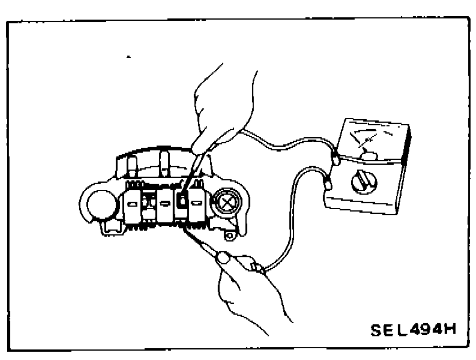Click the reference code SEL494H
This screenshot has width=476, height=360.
tap(413, 329)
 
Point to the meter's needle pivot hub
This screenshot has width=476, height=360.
tap(368, 156)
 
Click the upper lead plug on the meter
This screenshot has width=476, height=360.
tap(335, 158)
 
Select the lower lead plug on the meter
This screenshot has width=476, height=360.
tap(327, 184)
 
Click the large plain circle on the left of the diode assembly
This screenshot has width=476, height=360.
tap(101, 204)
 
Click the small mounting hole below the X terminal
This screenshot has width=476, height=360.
tap(230, 236)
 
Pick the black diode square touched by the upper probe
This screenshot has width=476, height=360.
tap(182, 200)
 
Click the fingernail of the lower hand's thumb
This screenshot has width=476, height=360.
tap(223, 258)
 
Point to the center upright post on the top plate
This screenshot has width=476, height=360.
tap(164, 163)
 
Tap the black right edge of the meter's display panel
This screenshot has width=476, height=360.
tap(406, 146)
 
